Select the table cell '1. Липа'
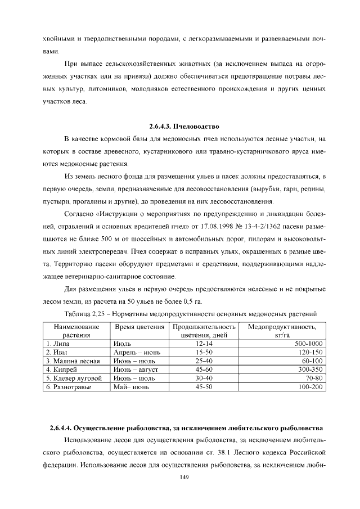(x=57, y=343)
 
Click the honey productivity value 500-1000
(x=308, y=343)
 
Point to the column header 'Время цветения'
(x=139, y=327)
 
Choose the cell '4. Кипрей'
(x=61, y=370)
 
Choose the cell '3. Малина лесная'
(x=73, y=361)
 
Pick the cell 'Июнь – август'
(x=136, y=370)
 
